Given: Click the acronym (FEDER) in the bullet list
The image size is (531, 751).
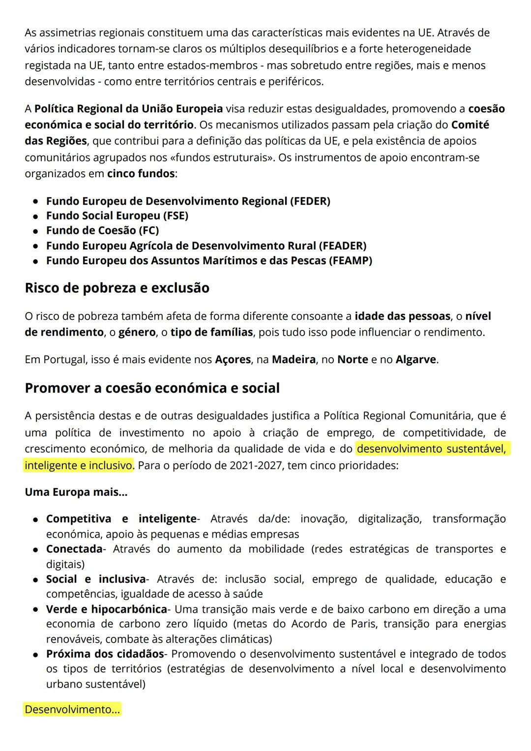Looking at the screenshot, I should tap(310, 201).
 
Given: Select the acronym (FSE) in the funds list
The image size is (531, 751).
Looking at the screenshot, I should tap(173, 216).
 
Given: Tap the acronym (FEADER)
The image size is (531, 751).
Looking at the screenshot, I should tap(342, 246).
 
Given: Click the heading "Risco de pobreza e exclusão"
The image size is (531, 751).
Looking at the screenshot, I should tap(117, 288).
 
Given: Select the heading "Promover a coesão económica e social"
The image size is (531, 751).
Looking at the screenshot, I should tap(152, 388).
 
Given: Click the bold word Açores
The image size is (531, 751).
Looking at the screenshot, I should tap(233, 360).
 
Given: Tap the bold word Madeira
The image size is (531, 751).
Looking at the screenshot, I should tap(294, 360).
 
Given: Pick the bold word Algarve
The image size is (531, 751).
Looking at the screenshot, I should tap(415, 360).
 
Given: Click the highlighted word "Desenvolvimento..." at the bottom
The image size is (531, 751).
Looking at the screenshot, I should tap(72, 710).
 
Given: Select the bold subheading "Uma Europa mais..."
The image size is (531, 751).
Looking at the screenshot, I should tap(76, 493).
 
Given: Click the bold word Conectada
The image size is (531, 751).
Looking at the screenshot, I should tap(74, 549).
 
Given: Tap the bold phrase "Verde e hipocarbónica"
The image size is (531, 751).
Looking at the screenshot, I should tap(106, 609).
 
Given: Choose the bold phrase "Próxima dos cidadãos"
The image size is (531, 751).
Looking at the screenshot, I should tap(105, 654).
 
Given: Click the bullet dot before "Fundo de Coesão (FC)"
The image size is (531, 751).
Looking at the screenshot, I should tap(36, 231).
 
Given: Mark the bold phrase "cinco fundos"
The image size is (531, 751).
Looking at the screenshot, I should tap(141, 174).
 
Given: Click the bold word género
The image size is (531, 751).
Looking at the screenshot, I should tap(136, 333).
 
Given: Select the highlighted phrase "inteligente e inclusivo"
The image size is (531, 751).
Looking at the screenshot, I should tap(79, 465).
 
